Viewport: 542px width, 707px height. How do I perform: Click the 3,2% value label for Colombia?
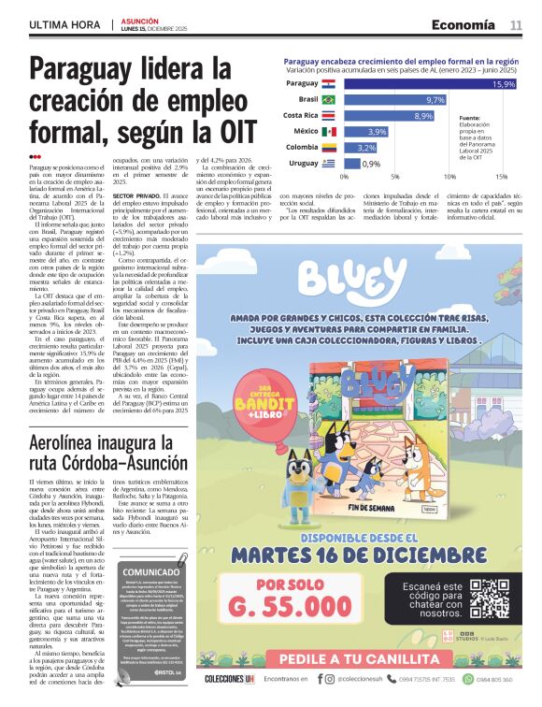click(x=366, y=148)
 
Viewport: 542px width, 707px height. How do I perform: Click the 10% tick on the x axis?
click(x=449, y=177)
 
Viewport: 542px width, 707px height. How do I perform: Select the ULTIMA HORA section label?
click(x=67, y=24)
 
